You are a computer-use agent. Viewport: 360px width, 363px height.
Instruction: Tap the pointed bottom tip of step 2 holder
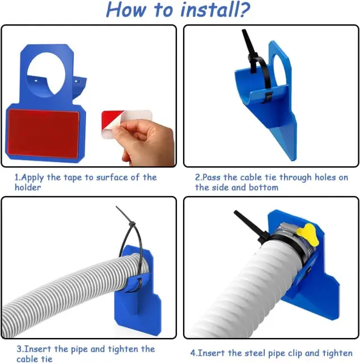[293, 159]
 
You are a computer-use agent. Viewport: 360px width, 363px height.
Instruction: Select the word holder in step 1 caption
[28, 187]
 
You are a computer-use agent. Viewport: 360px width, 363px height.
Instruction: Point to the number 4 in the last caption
[193, 353]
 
